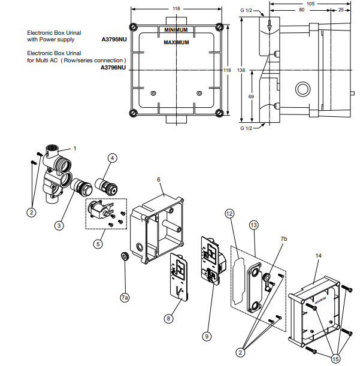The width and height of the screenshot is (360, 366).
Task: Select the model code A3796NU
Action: tap(113, 68)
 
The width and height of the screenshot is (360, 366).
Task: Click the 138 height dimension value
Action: tap(241, 70)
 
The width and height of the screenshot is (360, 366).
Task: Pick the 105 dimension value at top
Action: tap(310, 3)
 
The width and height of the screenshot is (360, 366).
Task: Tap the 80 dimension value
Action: tap(292, 10)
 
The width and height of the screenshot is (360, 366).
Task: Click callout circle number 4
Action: tap(112, 158)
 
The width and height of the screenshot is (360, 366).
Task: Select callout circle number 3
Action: tap(59, 225)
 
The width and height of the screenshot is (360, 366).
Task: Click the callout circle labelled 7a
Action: tap(125, 297)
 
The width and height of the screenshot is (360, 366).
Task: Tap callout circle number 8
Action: tap(168, 319)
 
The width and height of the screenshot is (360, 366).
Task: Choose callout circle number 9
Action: tap(206, 336)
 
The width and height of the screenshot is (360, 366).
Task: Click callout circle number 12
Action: tap(229, 213)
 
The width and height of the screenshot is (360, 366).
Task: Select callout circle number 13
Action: tap(253, 224)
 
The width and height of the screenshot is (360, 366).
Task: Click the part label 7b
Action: tap(284, 238)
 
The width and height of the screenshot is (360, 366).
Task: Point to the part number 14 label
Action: tap(319, 256)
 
